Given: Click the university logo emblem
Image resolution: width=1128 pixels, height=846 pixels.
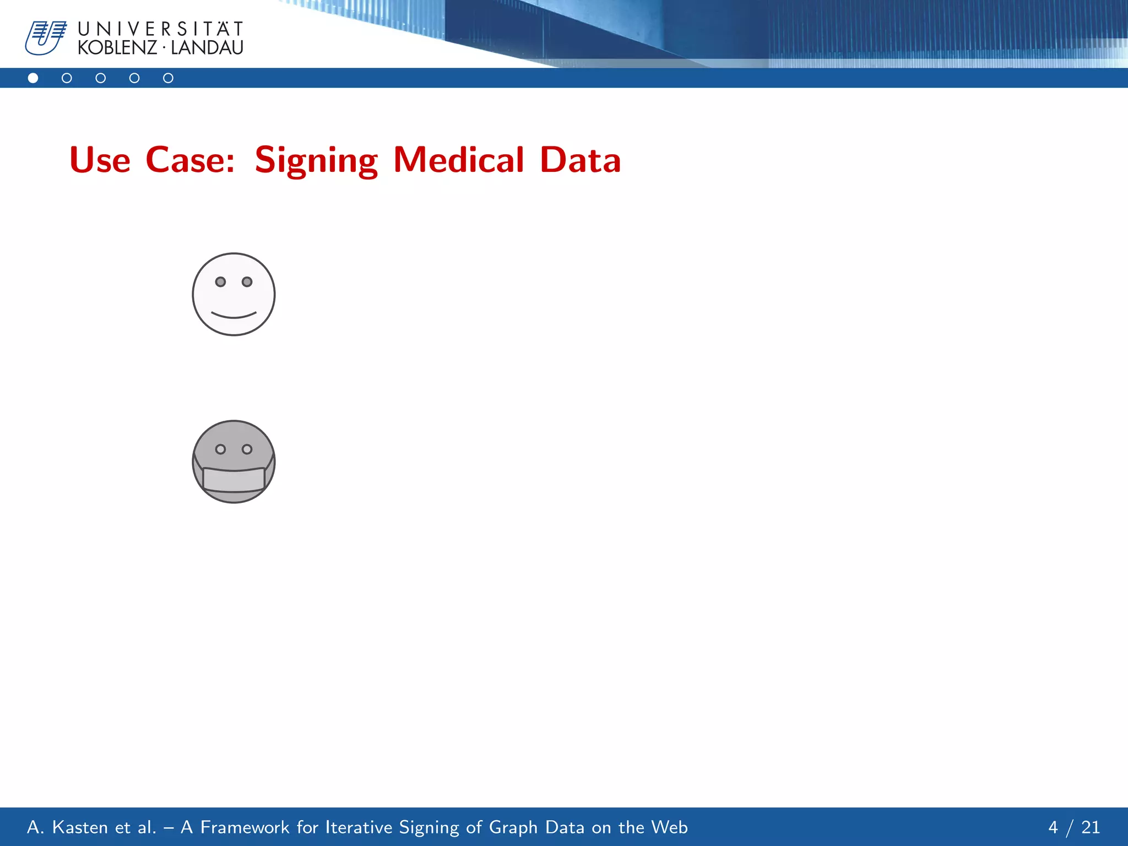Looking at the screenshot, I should [x=45, y=38].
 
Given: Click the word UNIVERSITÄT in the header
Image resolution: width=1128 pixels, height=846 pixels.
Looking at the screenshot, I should [x=160, y=29].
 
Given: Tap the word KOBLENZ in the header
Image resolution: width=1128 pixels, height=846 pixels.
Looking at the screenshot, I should [x=117, y=48].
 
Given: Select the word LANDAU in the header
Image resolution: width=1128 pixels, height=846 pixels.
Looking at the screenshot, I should [x=207, y=48].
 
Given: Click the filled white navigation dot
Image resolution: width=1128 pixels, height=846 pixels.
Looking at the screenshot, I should [x=33, y=78].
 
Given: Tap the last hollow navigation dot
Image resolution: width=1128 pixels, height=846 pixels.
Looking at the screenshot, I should [x=168, y=78].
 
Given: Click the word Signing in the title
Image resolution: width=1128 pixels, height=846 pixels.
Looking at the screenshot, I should [x=316, y=160].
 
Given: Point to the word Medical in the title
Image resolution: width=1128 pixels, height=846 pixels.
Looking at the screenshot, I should [x=458, y=160].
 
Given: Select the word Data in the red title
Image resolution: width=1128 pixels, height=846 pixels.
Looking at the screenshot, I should [x=580, y=160].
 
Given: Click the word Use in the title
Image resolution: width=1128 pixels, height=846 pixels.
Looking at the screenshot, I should [x=100, y=160].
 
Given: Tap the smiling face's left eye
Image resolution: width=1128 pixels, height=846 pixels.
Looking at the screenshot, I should [x=220, y=282].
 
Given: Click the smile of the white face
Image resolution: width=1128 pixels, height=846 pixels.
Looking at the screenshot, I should [x=234, y=315].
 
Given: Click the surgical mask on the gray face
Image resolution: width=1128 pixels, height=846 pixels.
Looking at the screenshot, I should [x=234, y=479].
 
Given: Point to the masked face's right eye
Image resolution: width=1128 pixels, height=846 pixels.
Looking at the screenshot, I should [x=247, y=449].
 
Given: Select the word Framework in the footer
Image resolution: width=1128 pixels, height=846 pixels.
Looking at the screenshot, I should [x=245, y=827].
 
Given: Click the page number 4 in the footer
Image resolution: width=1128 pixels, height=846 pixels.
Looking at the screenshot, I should [x=1053, y=827].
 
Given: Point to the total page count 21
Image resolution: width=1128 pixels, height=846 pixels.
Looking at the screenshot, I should [x=1091, y=827].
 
